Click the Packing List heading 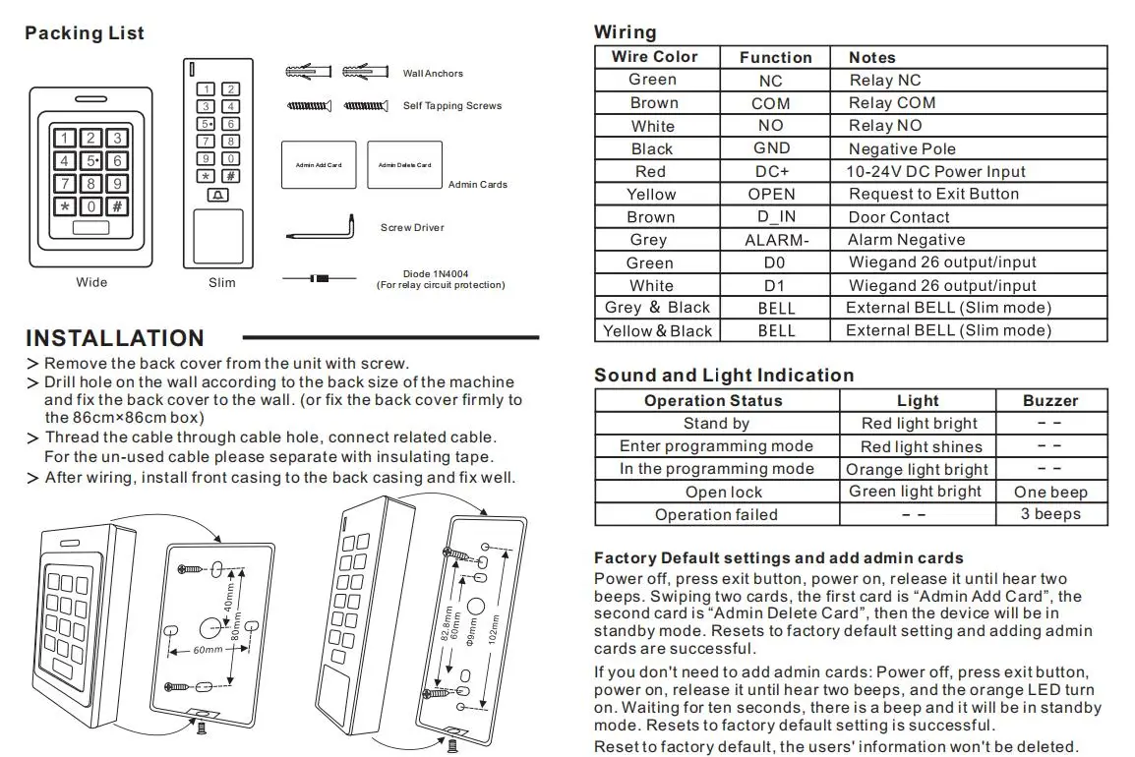(x=85, y=33)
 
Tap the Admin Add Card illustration (x=319, y=165)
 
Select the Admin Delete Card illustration (x=404, y=165)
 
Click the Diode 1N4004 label (x=440, y=274)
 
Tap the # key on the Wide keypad (x=116, y=206)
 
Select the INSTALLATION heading (x=115, y=338)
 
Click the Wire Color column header (x=654, y=57)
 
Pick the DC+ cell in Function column (x=771, y=171)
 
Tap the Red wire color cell (x=650, y=171)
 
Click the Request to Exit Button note (x=933, y=194)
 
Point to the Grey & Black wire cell (x=657, y=308)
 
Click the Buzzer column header (x=1050, y=400)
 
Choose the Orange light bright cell (x=917, y=469)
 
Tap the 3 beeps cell (x=1050, y=514)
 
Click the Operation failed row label (x=716, y=514)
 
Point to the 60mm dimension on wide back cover (x=207, y=651)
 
